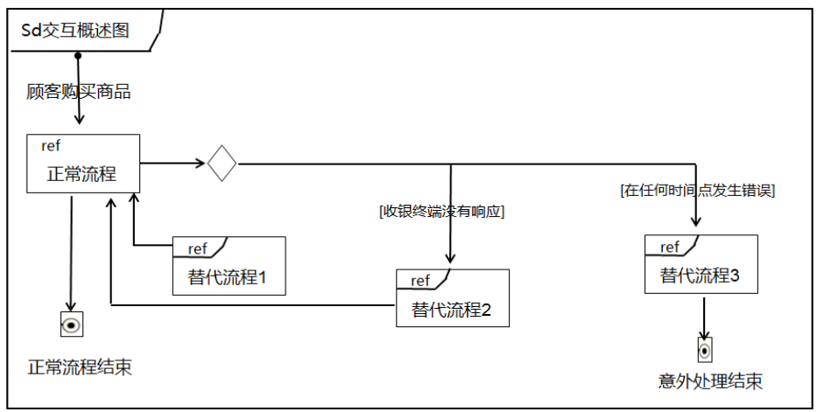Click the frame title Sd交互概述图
[75, 31]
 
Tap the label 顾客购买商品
[79, 91]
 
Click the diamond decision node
[222, 163]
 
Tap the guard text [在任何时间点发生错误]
[698, 189]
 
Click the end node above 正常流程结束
[72, 325]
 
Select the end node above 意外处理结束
[704, 350]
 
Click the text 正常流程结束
[80, 367]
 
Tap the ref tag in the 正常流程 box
[52, 145]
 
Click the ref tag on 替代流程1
[198, 249]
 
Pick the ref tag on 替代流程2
[421, 281]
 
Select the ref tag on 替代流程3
[670, 248]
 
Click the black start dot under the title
[78, 55]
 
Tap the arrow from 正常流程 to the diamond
[173, 163]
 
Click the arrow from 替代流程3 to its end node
[704, 316]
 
